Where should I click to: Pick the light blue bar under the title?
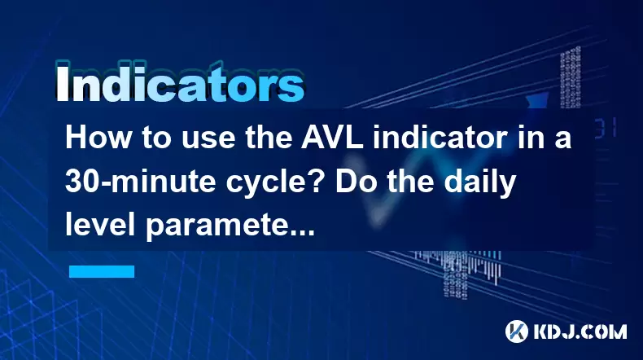click(x=102, y=271)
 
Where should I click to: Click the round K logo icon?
click(x=517, y=331)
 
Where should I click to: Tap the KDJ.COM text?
click(x=580, y=331)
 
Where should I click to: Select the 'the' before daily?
click(x=411, y=181)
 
